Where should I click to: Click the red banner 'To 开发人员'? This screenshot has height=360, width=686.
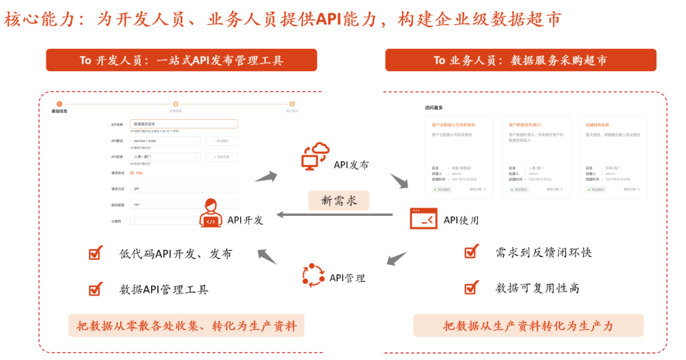[181, 60]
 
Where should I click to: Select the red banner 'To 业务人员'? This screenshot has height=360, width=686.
[520, 60]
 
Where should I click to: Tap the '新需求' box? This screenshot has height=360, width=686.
[339, 201]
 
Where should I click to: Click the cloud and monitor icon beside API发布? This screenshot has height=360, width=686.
[315, 156]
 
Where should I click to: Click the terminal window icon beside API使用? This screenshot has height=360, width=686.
[424, 218]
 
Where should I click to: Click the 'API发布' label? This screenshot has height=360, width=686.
[351, 165]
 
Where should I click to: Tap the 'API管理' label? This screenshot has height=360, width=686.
[347, 278]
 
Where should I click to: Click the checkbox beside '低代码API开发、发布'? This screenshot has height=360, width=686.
[95, 254]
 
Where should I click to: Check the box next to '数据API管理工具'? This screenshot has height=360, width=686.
[95, 290]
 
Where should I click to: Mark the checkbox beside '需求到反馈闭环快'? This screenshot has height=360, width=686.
[471, 252]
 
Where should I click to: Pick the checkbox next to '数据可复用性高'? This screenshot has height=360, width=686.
[471, 288]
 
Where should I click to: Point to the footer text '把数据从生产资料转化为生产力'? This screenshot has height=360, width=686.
[528, 326]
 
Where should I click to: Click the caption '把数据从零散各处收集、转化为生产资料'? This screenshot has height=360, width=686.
[186, 326]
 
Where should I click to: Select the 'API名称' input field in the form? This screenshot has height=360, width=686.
[184, 124]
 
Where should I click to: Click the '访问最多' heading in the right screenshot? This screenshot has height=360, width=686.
[434, 108]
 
